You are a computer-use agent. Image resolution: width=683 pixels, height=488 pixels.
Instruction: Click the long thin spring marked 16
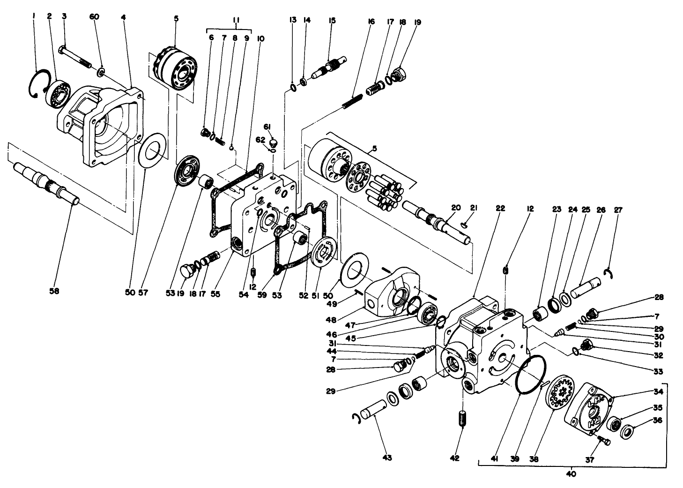pyautogui.click(x=352, y=101)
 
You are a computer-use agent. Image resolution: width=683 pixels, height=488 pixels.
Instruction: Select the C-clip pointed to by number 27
pyautogui.click(x=608, y=274)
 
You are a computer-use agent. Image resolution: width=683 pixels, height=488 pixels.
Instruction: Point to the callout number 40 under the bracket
pyautogui.click(x=571, y=474)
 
